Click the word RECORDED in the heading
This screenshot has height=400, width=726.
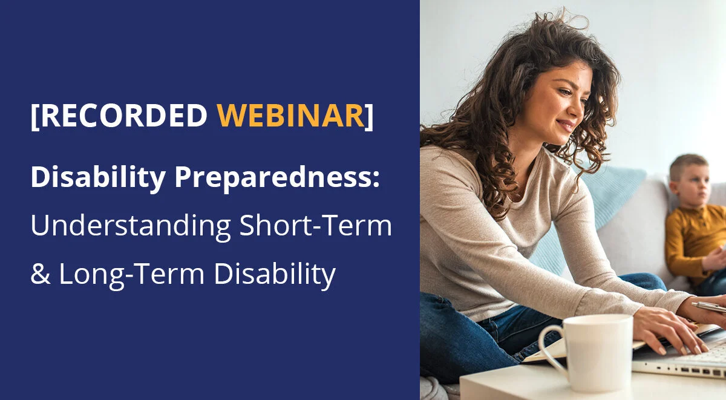123,116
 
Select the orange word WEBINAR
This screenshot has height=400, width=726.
291,116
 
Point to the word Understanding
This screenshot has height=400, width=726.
131,225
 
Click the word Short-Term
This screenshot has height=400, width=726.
315,225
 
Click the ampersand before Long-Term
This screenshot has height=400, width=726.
39,274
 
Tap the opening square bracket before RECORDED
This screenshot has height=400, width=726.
35,116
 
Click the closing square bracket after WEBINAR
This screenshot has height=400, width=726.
369,116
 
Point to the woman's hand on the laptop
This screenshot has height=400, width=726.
665,327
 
